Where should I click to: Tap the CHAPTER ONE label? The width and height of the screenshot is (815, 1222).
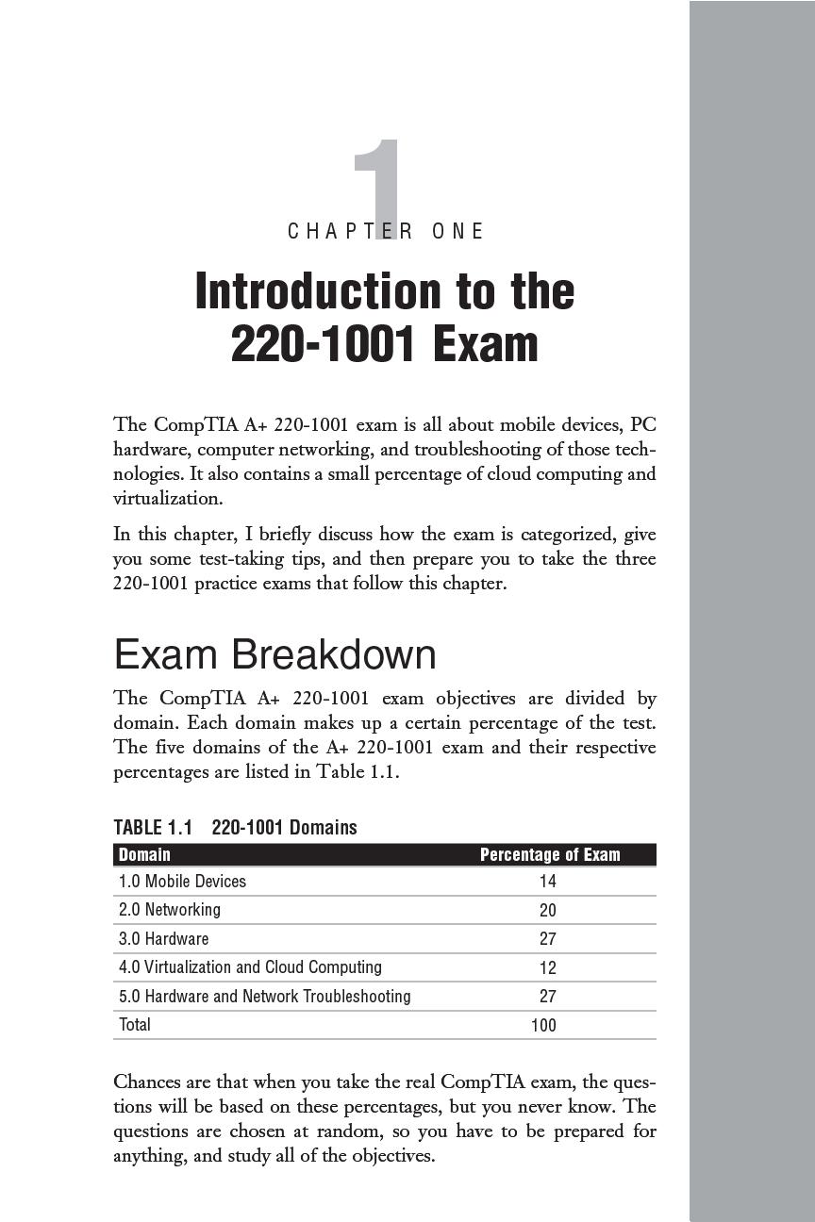tap(386, 231)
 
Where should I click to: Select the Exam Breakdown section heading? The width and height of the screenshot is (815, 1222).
tap(274, 654)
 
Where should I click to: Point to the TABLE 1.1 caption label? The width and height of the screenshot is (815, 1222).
tap(153, 827)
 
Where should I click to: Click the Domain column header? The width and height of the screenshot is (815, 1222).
tap(144, 854)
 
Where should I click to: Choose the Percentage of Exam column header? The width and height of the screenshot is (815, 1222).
tap(550, 854)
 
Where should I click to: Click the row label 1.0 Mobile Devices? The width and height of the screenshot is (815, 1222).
tap(182, 882)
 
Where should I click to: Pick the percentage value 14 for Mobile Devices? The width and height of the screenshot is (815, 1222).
tap(547, 882)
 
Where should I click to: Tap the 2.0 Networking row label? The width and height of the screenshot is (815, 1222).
tap(170, 910)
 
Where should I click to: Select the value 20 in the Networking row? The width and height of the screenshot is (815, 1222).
tap(547, 911)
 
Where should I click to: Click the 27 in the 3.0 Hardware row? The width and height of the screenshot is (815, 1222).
tap(547, 939)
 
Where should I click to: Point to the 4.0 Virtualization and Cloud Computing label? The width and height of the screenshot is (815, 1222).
tap(250, 967)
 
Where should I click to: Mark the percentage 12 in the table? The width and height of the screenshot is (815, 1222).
tap(547, 968)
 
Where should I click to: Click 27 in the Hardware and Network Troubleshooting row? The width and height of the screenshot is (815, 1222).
tap(547, 997)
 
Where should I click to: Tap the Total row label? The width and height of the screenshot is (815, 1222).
tap(135, 1025)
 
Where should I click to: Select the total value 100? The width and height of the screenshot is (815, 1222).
tap(543, 1026)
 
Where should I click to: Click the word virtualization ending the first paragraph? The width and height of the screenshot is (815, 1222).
tap(168, 498)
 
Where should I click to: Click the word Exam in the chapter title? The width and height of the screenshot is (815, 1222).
tap(486, 345)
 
